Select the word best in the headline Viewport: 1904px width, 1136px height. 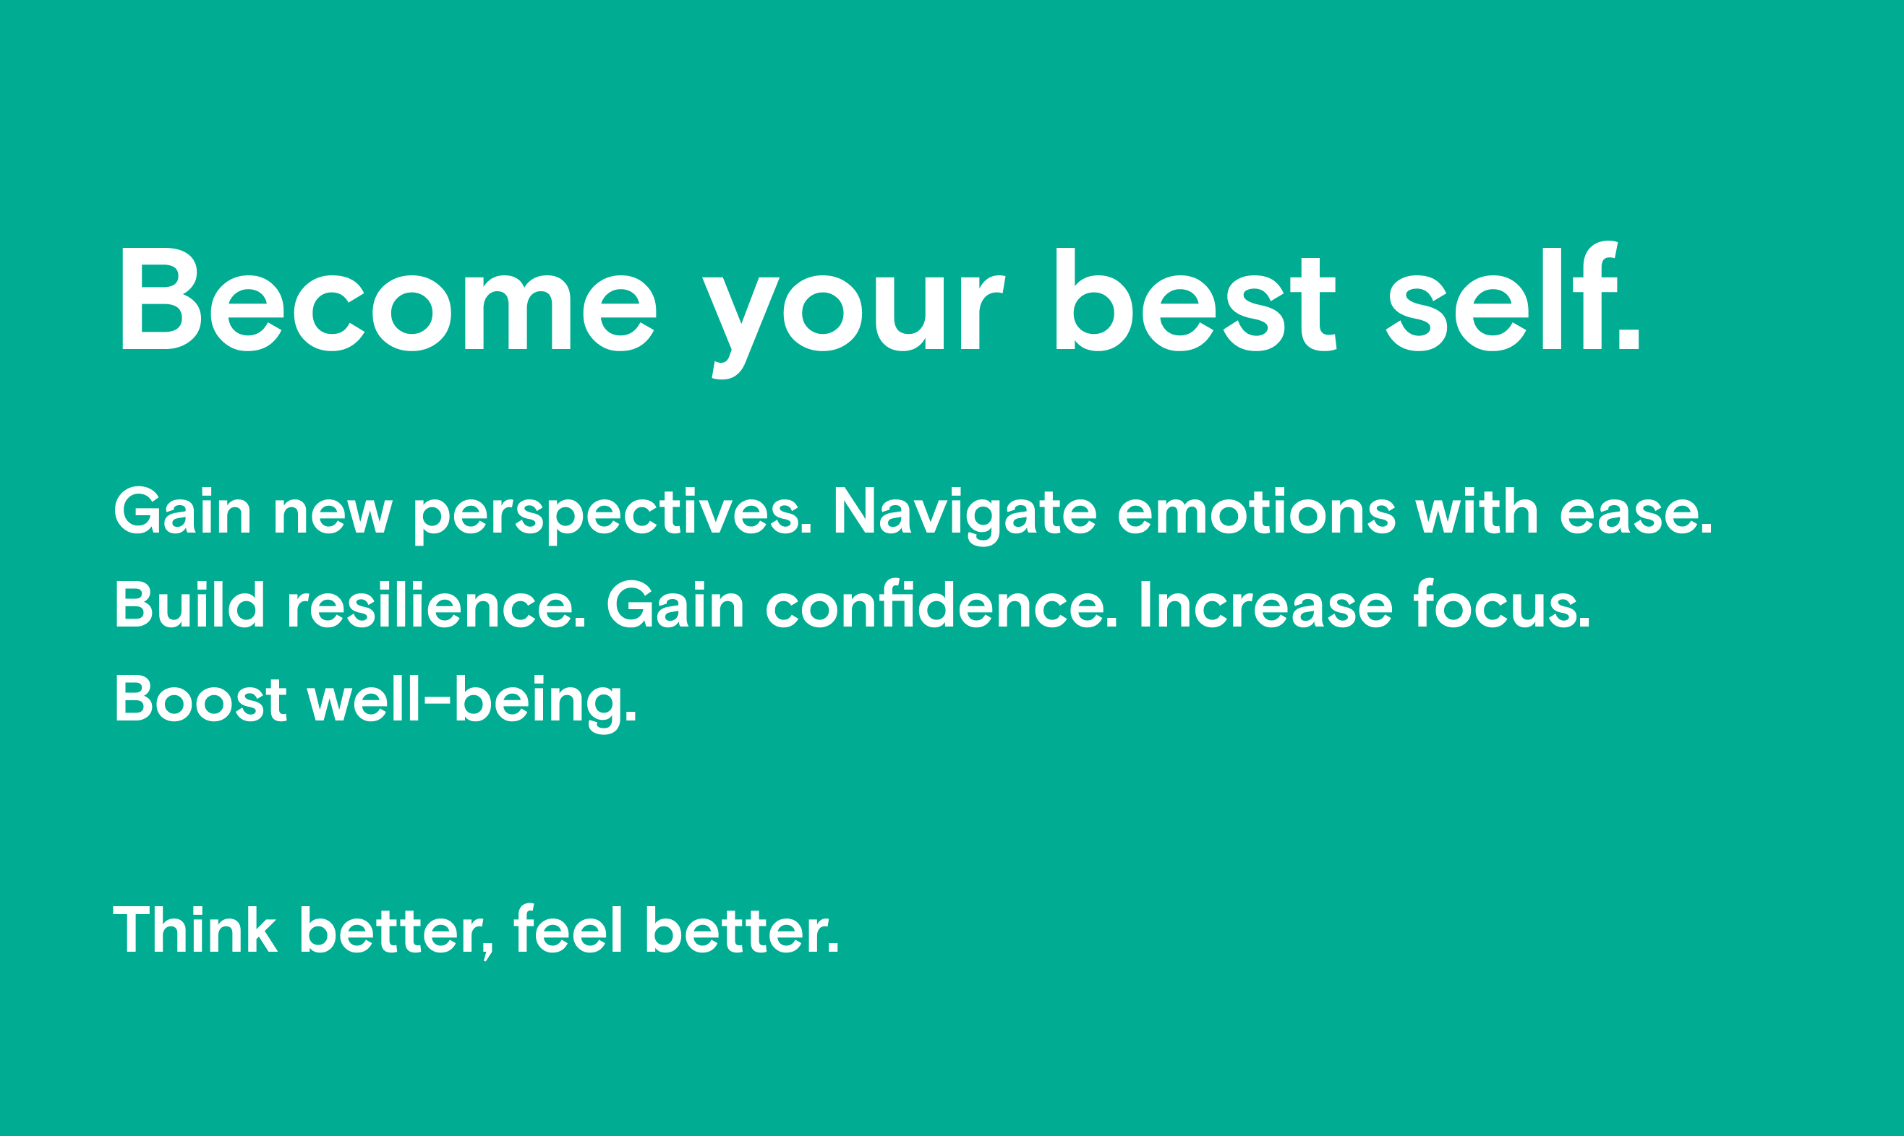pyautogui.click(x=1196, y=298)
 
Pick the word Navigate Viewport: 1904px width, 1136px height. pyautogui.click(x=965, y=516)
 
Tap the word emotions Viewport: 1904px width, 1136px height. pyautogui.click(x=1257, y=509)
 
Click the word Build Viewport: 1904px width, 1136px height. pyautogui.click(x=190, y=604)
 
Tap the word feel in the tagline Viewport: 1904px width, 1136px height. pyautogui.click(x=568, y=928)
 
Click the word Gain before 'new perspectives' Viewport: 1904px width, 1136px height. pyautogui.click(x=182, y=509)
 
